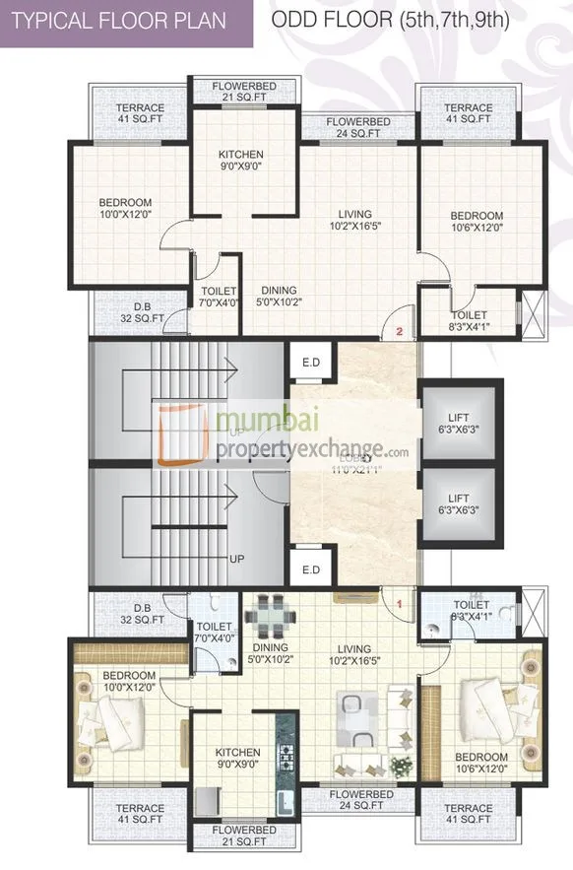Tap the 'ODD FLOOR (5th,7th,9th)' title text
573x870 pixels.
390,21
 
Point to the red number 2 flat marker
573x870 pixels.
399,332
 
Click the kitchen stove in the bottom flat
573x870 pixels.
287,758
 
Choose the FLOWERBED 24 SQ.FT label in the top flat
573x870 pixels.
360,127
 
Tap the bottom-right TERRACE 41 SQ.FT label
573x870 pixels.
468,814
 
